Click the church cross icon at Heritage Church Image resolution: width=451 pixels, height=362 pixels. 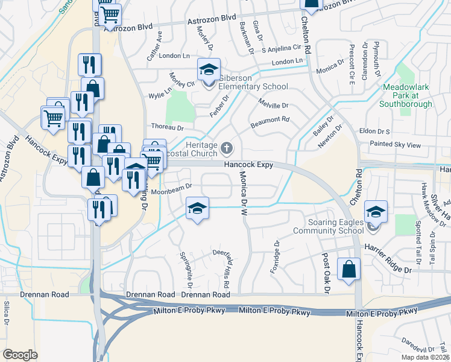tap(227, 148)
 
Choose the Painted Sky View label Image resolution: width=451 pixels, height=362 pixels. tap(396, 145)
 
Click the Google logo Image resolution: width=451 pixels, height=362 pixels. tap(20, 355)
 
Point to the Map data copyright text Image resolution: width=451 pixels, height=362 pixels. tap(424, 357)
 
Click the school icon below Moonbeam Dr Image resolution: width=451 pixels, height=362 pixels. tap(197, 209)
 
